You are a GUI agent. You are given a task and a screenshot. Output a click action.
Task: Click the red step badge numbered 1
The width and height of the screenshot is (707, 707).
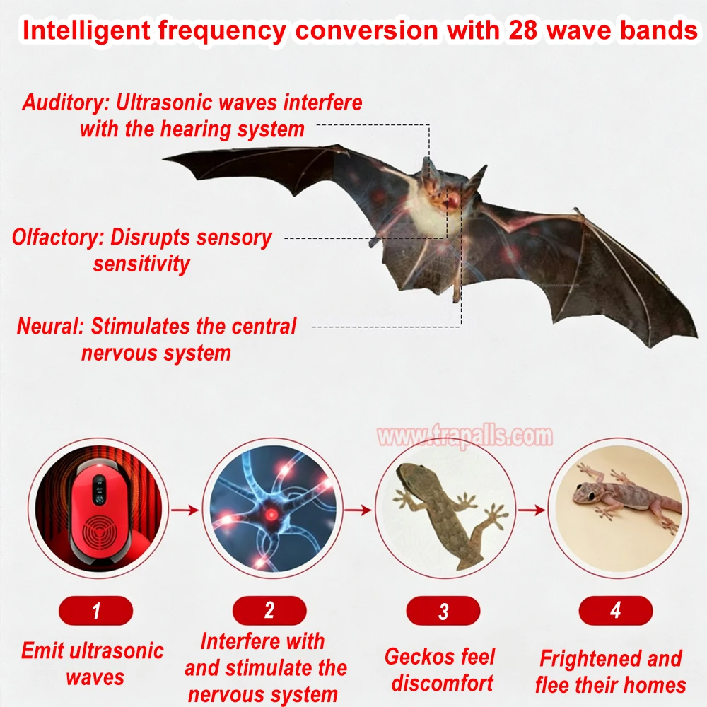(x=95, y=611)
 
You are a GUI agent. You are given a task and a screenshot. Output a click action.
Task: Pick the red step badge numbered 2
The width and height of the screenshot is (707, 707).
(x=269, y=611)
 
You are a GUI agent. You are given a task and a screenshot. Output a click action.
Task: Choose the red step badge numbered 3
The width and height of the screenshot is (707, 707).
(x=443, y=611)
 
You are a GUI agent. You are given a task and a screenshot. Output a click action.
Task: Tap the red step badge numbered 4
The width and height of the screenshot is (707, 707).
(x=616, y=611)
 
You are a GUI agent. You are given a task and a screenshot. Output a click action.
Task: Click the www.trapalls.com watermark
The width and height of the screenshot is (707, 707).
(x=465, y=436)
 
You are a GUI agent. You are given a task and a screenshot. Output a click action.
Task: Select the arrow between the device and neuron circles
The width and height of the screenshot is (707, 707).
(x=185, y=510)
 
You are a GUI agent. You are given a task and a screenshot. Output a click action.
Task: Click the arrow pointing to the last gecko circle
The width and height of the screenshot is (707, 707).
(x=532, y=510)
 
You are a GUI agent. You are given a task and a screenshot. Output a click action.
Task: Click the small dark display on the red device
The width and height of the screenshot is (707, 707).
(x=99, y=490)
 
